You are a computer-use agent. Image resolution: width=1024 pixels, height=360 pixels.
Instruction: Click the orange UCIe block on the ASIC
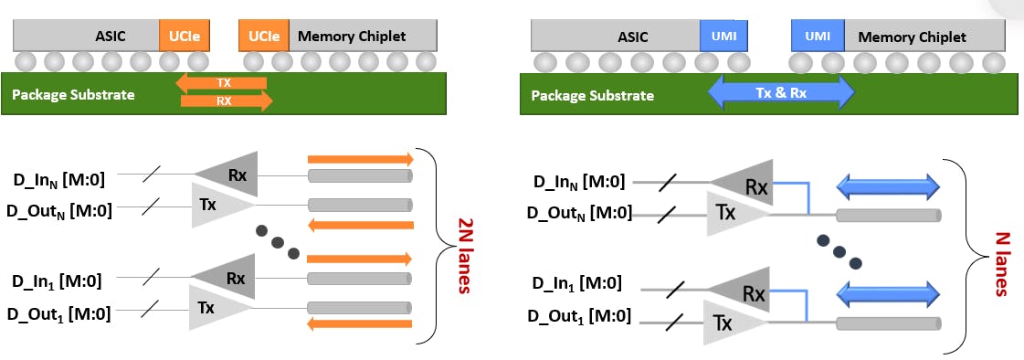pyautogui.click(x=185, y=37)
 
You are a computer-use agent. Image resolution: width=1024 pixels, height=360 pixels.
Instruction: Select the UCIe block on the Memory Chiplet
pyautogui.click(x=265, y=37)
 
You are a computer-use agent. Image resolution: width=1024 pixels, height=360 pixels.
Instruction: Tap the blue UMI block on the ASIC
pyautogui.click(x=723, y=37)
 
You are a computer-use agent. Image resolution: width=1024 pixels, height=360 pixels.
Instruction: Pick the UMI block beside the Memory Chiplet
pyautogui.click(x=818, y=37)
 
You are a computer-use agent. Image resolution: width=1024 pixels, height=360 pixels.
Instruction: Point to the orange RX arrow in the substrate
pyautogui.click(x=226, y=101)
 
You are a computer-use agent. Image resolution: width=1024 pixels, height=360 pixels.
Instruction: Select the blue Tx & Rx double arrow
pyautogui.click(x=780, y=93)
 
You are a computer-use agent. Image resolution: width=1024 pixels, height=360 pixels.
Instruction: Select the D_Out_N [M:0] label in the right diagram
pyautogui.click(x=579, y=213)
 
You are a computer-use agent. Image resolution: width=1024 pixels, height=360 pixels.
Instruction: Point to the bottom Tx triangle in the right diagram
pyautogui.click(x=731, y=322)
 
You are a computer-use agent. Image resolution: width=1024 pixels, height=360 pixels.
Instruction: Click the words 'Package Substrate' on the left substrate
pyautogui.click(x=73, y=94)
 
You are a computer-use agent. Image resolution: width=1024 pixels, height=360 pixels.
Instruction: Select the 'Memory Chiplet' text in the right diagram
pyautogui.click(x=912, y=37)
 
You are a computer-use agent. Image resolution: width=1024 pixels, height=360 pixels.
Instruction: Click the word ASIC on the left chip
pyautogui.click(x=111, y=37)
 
